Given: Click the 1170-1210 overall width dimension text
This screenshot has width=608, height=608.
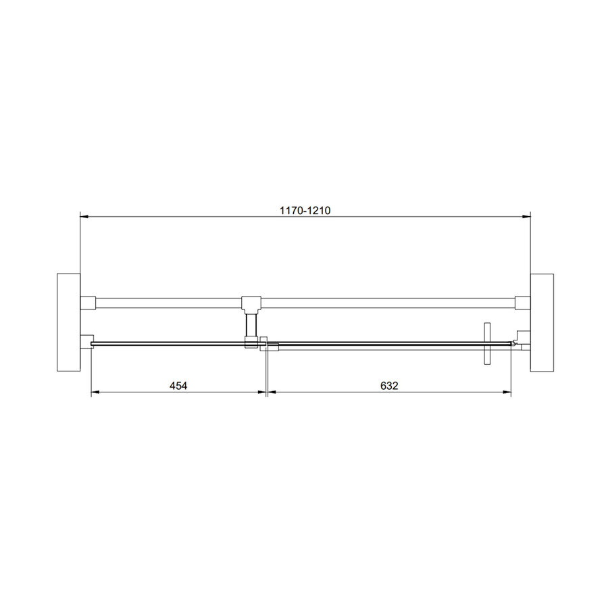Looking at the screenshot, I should point(305,210).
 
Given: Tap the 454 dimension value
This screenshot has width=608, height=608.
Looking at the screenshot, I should point(178,386).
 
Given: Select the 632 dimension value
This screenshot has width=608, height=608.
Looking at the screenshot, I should point(388,386).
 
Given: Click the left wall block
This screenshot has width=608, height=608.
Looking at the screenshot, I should point(68,322).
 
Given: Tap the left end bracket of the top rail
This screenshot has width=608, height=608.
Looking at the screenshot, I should point(88,302).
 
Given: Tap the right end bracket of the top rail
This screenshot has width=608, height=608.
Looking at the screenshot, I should point(521,302).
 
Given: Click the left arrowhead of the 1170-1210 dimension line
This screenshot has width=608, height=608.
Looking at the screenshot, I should point(84,217).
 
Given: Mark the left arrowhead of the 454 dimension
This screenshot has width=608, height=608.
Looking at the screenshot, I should point(95,392).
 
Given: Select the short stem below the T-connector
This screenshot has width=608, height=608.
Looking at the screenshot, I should point(251,322).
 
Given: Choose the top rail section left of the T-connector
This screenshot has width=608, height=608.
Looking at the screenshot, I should point(169,302).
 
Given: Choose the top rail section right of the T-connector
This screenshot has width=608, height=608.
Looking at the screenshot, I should point(388,302).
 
